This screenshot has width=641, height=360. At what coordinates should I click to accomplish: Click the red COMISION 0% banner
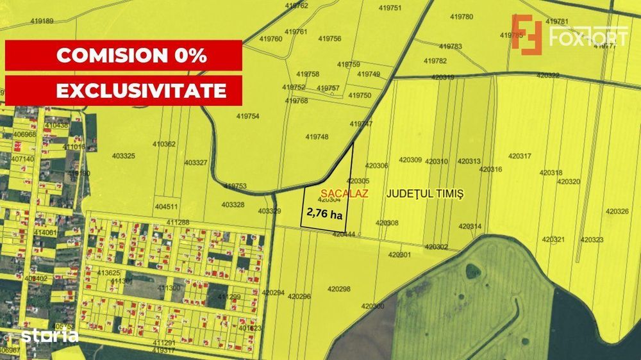(x=124, y=55)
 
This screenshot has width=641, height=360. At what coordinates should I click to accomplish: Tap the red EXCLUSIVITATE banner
(x=124, y=90)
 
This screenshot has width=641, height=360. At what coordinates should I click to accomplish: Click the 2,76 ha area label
(x=324, y=214)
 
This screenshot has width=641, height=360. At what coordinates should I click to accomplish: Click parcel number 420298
(x=339, y=289)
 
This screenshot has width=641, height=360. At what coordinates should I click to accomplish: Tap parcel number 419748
(x=317, y=136)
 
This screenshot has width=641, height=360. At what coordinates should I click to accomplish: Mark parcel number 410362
(x=164, y=144)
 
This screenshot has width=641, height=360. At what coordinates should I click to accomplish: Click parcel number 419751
(x=390, y=8)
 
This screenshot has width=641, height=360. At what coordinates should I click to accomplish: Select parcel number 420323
(x=592, y=240)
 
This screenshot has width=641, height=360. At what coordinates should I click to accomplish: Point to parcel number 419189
(x=42, y=20)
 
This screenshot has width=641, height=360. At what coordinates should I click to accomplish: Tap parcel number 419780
(x=462, y=17)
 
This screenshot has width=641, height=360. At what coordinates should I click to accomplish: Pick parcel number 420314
(x=470, y=226)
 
